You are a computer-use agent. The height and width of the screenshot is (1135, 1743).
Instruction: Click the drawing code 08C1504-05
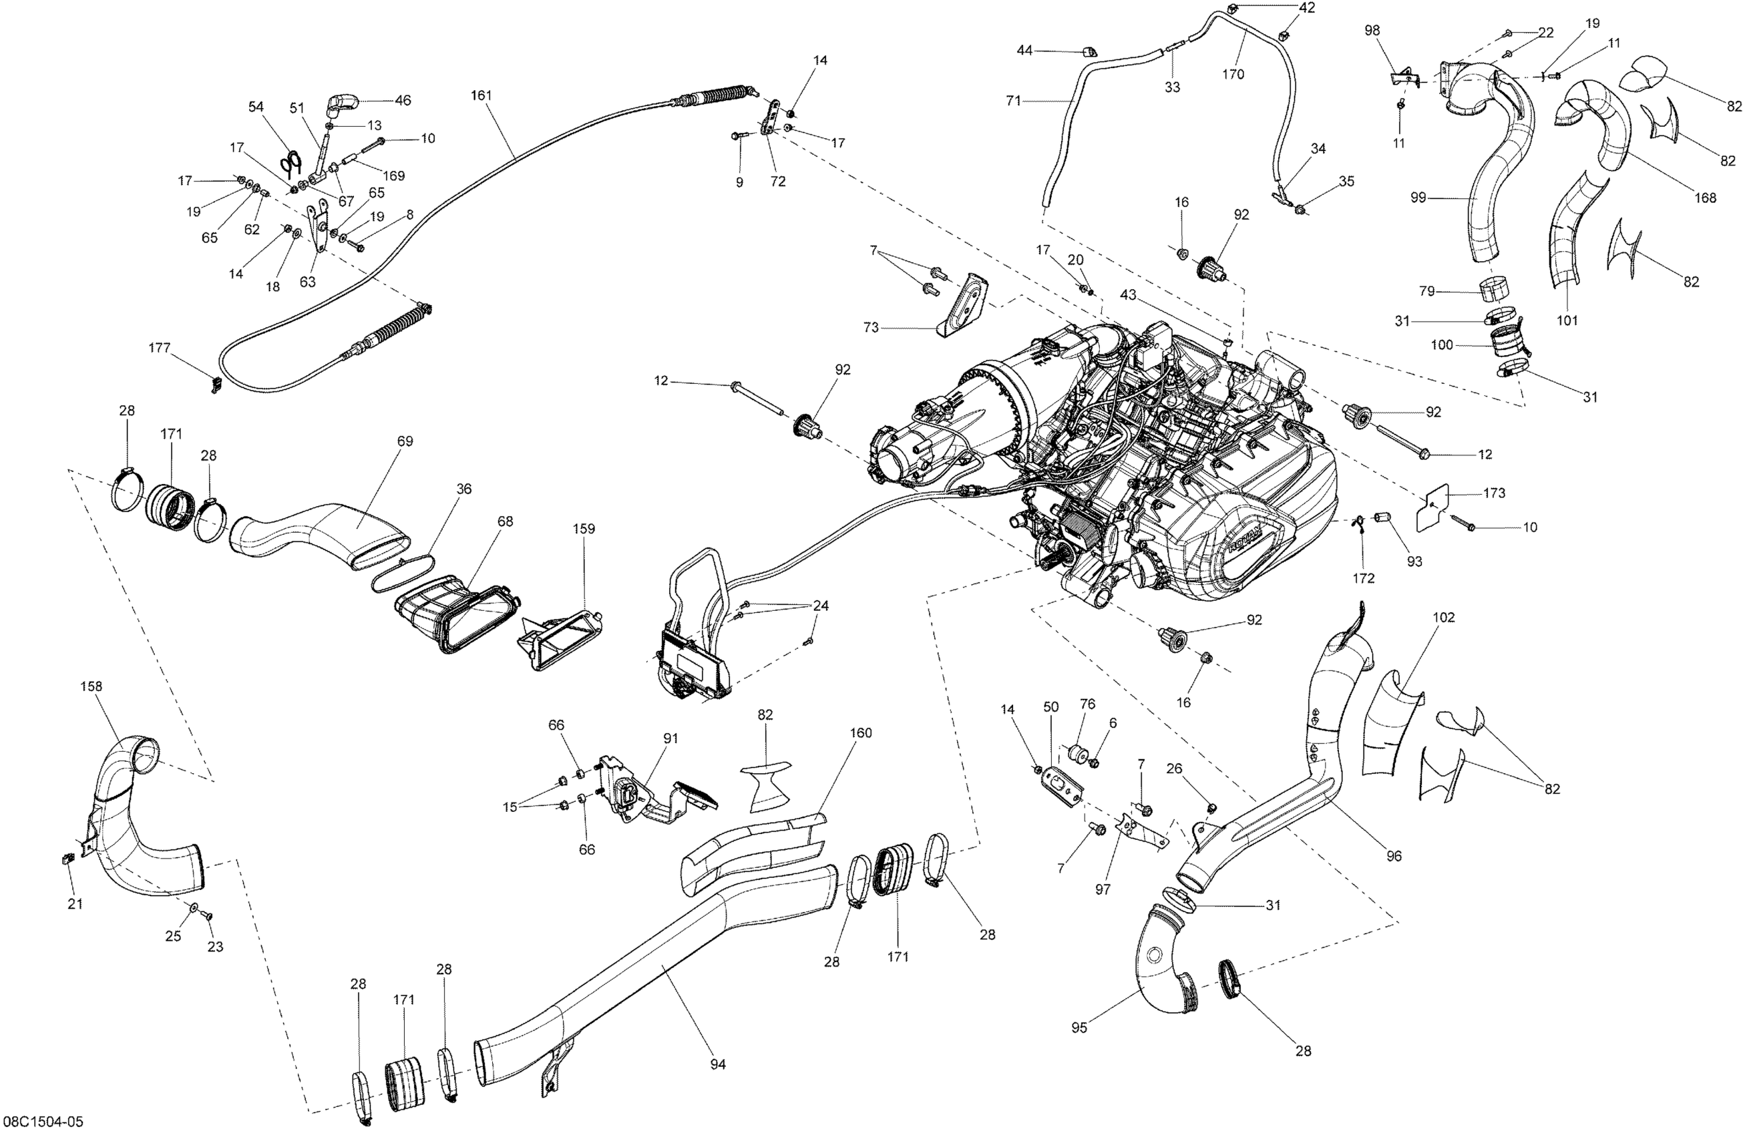point(44,1121)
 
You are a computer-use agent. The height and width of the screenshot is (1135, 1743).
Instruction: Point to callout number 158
point(91,686)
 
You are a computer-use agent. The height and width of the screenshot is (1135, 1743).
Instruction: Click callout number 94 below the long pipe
point(718,1064)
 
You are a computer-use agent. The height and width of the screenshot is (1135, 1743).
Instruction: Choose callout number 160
point(861,732)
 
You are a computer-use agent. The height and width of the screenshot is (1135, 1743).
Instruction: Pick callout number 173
point(1494,493)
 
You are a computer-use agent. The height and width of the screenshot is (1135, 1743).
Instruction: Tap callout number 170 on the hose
point(1233,74)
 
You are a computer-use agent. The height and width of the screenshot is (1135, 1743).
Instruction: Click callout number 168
point(1705,197)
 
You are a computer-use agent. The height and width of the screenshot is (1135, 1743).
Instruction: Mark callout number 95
point(1079,1028)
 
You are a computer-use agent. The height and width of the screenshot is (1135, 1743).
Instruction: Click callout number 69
point(405,441)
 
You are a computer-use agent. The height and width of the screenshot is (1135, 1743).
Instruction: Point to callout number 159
point(584,528)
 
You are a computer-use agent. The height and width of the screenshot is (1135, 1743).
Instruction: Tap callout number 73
point(870,327)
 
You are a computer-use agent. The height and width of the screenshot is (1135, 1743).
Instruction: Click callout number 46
point(403,100)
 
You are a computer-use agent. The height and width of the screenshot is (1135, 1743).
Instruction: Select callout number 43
point(1128,294)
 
